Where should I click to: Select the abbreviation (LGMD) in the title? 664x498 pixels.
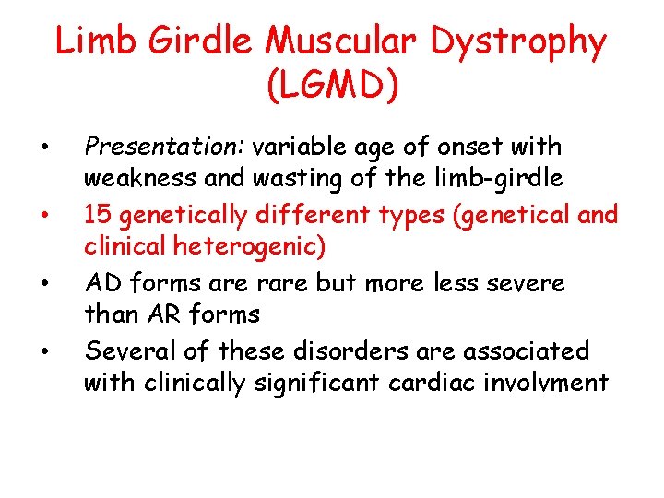pyautogui.click(x=332, y=86)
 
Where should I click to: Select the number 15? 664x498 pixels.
pyautogui.click(x=95, y=216)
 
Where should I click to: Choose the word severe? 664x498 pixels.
pyautogui.click(x=522, y=283)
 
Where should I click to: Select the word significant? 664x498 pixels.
pyautogui.click(x=319, y=381)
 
